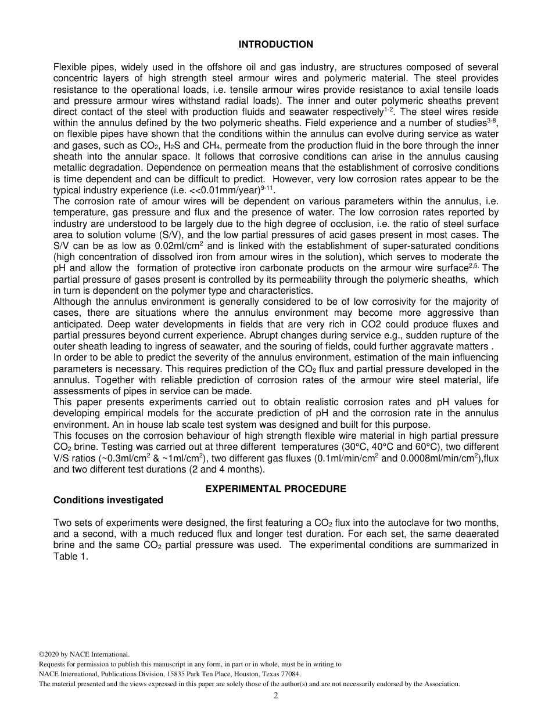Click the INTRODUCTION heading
pyautogui.click(x=275, y=45)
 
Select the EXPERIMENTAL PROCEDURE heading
pyautogui.click(x=275, y=489)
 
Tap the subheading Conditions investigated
pyautogui.click(x=108, y=500)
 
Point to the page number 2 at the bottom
pyautogui.click(x=276, y=696)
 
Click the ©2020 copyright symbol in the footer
pyautogui.click(x=41, y=654)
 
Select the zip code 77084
pyautogui.click(x=288, y=674)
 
